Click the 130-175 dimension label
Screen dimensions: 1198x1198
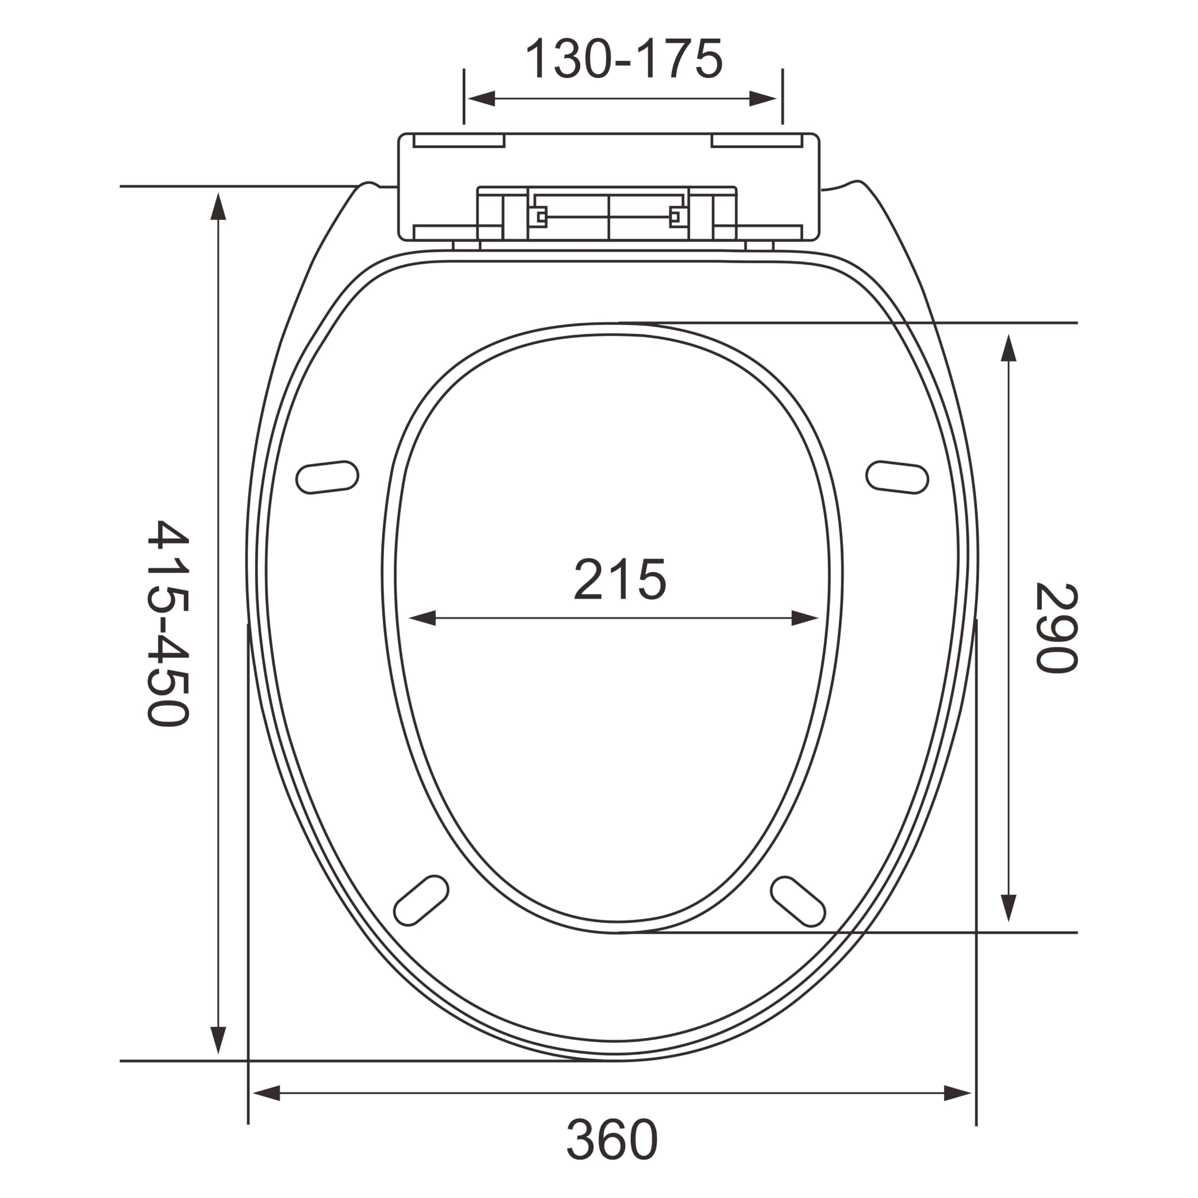click(x=624, y=59)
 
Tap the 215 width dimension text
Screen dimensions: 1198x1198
click(x=620, y=579)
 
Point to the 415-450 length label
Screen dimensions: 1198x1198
click(x=168, y=623)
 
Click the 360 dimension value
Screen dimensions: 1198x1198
click(x=612, y=1139)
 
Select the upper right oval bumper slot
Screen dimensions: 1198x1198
click(x=897, y=477)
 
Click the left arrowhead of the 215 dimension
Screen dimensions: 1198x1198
click(x=422, y=618)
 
